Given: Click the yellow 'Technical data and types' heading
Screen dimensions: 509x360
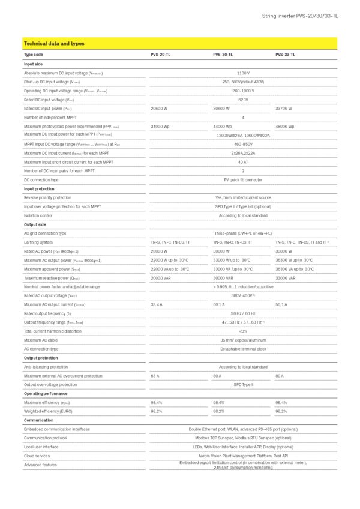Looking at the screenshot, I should (54, 44).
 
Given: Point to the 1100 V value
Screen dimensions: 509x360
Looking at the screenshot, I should (243, 73).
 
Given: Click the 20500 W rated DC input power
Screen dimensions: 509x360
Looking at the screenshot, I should (160, 109).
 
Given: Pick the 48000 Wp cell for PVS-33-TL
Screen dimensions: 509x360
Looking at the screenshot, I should (285, 127).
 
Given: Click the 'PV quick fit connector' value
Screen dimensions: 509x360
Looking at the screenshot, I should (243, 179).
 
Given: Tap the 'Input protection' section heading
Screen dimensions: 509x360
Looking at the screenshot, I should (39, 188).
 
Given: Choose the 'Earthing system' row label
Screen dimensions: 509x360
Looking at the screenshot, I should (38, 242).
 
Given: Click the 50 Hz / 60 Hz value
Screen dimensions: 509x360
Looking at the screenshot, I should (243, 313).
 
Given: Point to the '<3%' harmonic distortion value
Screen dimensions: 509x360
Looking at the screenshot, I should (243, 331).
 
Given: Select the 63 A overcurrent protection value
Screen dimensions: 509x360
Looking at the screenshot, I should (154, 376).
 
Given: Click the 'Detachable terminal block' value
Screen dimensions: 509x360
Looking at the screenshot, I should (243, 349).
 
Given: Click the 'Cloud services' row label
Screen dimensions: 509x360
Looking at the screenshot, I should (37, 456).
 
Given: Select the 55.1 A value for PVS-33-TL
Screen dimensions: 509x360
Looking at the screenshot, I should (281, 305).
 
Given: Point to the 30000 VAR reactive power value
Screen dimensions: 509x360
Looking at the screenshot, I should (223, 278).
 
